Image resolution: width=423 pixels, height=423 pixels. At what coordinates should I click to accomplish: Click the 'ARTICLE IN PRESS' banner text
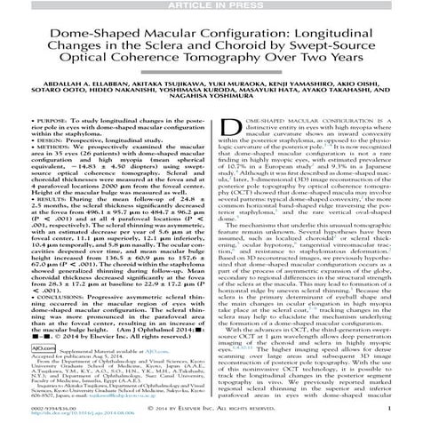pos(211,5)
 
